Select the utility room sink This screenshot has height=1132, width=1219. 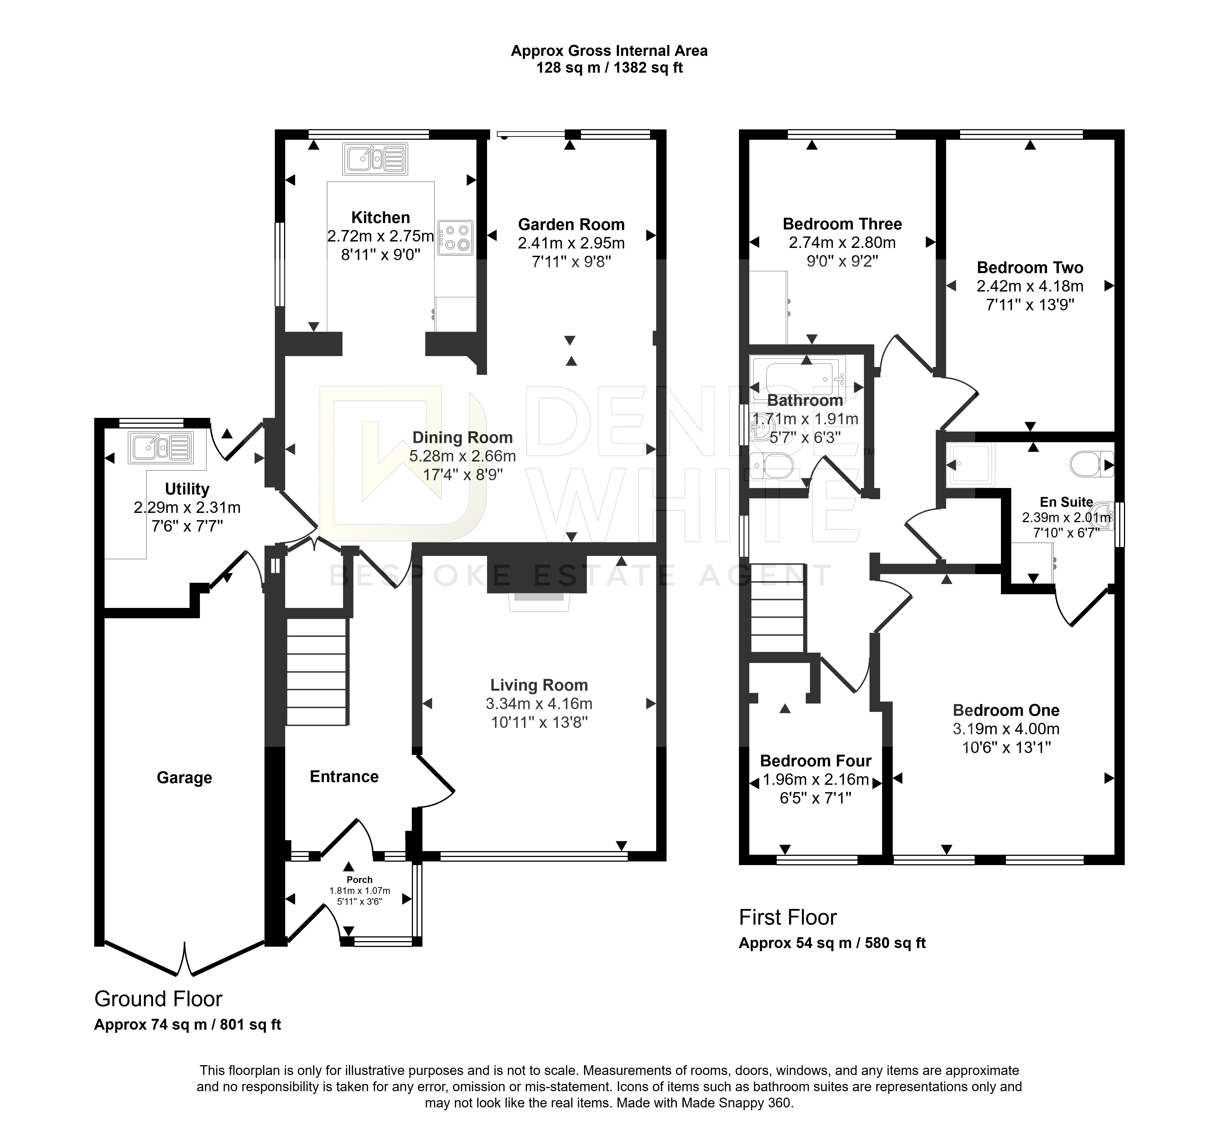click(160, 447)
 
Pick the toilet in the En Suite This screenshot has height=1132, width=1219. click(1092, 464)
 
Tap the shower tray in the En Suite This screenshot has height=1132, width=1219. click(970, 464)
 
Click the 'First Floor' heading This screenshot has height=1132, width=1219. click(788, 917)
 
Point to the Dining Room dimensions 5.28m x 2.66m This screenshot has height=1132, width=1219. click(463, 456)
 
